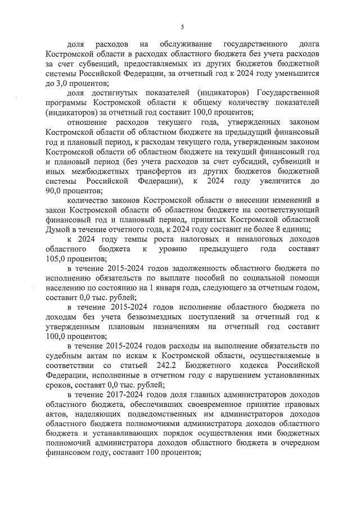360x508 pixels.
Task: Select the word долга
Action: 306,43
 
